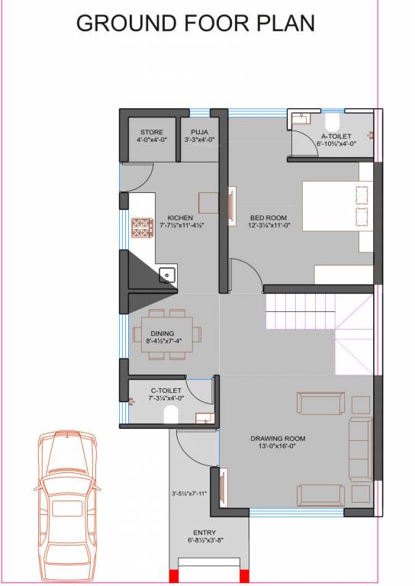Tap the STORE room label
(x=151, y=132)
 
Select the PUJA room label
(x=200, y=132)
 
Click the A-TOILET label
(x=336, y=135)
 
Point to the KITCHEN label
(x=181, y=217)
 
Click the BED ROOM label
(x=267, y=217)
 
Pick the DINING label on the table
(x=162, y=333)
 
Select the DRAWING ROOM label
(x=278, y=438)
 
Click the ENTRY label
(x=204, y=533)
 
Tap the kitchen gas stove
(x=142, y=228)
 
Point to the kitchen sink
(x=167, y=275)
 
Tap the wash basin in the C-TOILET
(x=202, y=418)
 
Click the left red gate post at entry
(x=173, y=576)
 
